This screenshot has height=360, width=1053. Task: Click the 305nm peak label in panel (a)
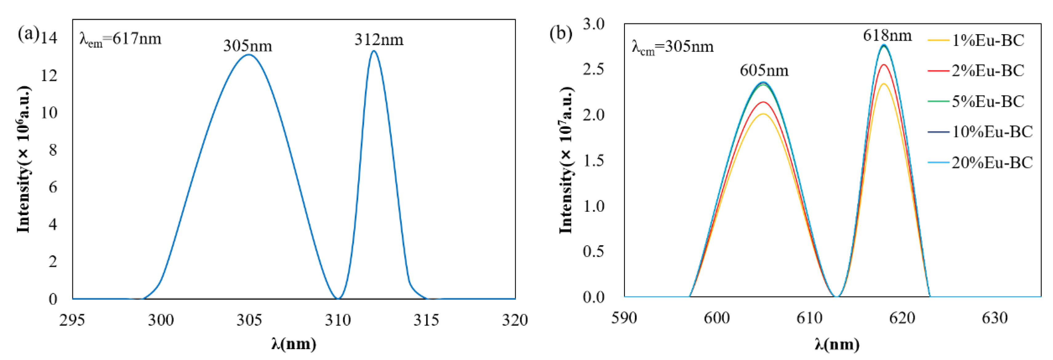tap(247, 46)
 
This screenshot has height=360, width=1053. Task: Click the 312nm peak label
tap(379, 40)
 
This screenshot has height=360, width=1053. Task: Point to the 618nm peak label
tap(887, 36)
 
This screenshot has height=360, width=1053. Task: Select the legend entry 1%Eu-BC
tap(987, 40)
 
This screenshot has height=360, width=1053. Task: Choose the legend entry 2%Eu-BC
tap(987, 71)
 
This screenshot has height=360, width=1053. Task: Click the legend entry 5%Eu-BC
tap(987, 101)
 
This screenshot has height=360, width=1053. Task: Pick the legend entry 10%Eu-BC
tap(992, 132)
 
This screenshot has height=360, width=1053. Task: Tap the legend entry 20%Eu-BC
tap(992, 163)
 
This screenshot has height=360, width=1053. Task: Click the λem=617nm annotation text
tap(120, 39)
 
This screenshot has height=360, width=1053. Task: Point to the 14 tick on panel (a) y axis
tap(49, 38)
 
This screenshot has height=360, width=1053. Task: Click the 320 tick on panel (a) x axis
tap(514, 320)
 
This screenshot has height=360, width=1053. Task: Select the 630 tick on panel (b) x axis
tap(995, 318)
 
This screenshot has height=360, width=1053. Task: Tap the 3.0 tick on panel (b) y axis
tap(594, 24)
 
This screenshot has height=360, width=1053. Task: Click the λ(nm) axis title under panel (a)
tap(294, 344)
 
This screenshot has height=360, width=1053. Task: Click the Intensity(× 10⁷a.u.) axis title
tap(566, 160)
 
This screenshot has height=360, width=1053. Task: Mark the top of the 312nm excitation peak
tap(374, 51)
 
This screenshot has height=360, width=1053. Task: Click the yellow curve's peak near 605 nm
tap(763, 114)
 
